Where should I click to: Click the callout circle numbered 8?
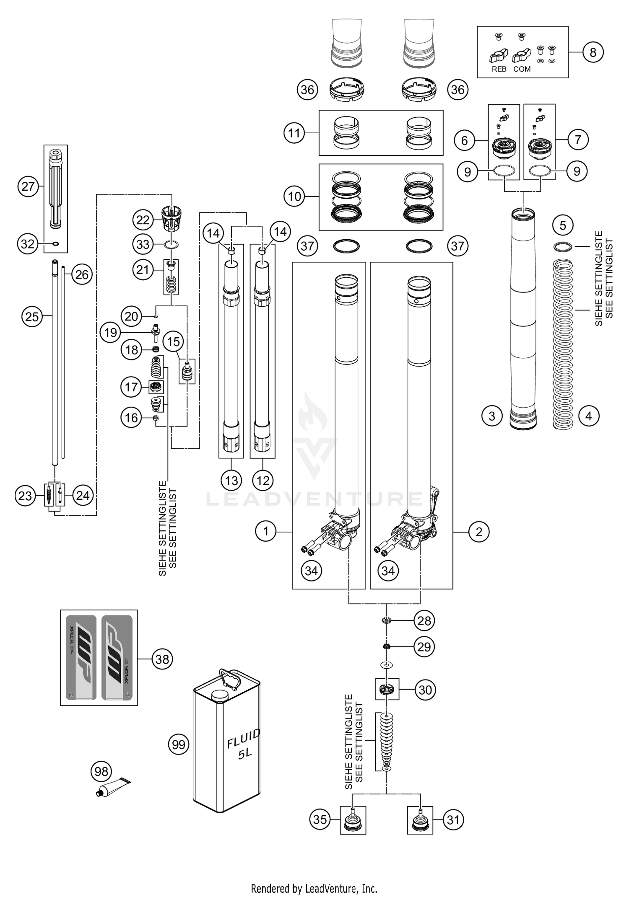[x=593, y=52]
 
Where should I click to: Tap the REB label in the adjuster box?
[x=499, y=69]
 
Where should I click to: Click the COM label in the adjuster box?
[x=522, y=69]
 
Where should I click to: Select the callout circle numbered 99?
[x=179, y=744]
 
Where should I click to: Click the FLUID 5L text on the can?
[x=243, y=744]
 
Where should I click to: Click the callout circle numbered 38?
[x=162, y=659]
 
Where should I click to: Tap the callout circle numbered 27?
[x=28, y=186]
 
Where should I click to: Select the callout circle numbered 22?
[x=143, y=220]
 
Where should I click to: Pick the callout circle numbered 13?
[x=231, y=481]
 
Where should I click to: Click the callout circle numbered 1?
[x=265, y=531]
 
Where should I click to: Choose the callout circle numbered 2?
[x=479, y=532]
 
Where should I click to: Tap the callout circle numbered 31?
[x=453, y=819]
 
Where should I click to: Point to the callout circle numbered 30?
[x=425, y=690]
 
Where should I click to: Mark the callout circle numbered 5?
[x=563, y=225]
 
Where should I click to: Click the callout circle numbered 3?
[x=492, y=416]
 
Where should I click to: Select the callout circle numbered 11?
[x=294, y=133]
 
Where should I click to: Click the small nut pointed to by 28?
[x=387, y=620]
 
